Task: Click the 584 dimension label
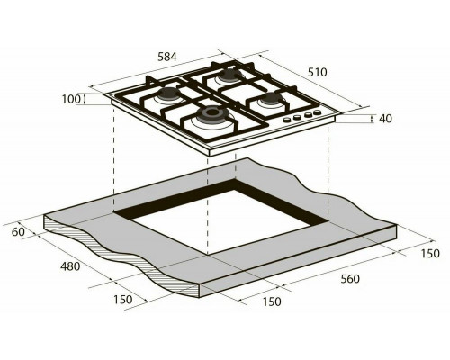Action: click(x=167, y=57)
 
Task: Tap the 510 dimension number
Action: click(x=317, y=72)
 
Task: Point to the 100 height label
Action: click(x=71, y=99)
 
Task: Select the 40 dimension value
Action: click(x=385, y=119)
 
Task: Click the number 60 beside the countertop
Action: click(x=18, y=232)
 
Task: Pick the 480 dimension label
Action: click(x=70, y=266)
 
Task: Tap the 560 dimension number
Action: click(x=350, y=279)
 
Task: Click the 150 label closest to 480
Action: click(x=122, y=300)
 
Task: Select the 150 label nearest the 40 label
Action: click(x=430, y=254)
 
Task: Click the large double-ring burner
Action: click(x=212, y=114)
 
